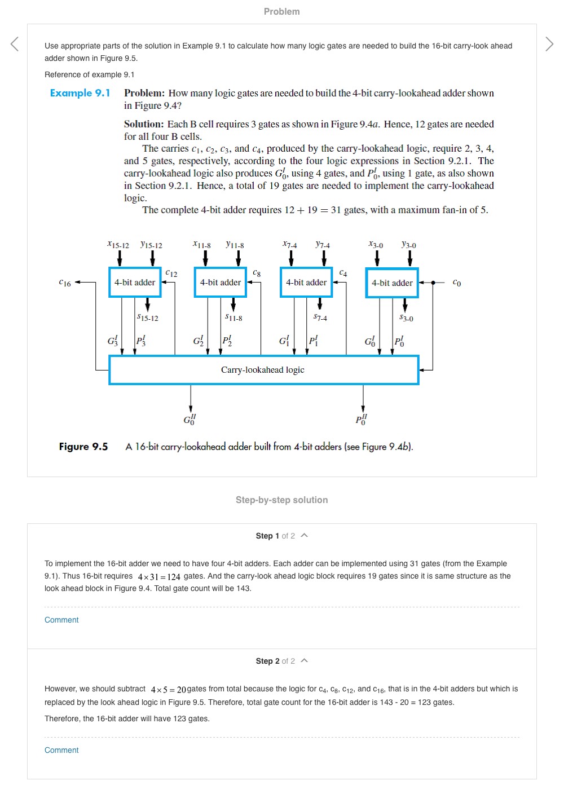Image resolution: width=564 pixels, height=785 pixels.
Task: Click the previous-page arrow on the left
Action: [15, 43]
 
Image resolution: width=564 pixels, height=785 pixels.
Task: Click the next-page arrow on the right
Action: [549, 43]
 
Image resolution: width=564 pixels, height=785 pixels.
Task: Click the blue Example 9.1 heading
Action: [80, 93]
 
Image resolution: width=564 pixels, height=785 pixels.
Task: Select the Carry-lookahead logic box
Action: [263, 370]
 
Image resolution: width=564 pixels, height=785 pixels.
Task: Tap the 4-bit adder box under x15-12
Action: [135, 282]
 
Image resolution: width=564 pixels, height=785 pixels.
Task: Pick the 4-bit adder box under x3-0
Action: [392, 283]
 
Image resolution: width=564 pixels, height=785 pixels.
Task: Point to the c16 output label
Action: [65, 283]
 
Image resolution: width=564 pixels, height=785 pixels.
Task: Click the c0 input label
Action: [457, 283]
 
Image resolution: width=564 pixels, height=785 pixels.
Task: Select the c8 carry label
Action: [257, 273]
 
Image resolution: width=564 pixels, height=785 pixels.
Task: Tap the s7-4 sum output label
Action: [320, 317]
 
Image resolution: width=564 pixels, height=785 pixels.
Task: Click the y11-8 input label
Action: [235, 244]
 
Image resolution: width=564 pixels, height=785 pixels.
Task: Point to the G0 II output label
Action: [190, 420]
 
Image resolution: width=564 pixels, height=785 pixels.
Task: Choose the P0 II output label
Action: [362, 420]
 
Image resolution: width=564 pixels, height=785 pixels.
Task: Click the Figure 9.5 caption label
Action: [83, 447]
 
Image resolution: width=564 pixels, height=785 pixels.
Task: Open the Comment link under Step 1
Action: [61, 620]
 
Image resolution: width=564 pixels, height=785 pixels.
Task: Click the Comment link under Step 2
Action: [61, 750]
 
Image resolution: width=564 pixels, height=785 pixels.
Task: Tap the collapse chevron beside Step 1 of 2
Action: [305, 535]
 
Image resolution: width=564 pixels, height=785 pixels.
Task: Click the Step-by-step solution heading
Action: [281, 500]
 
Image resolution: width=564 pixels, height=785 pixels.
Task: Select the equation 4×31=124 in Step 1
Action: [159, 576]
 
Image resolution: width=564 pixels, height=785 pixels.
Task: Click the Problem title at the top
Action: [281, 11]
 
